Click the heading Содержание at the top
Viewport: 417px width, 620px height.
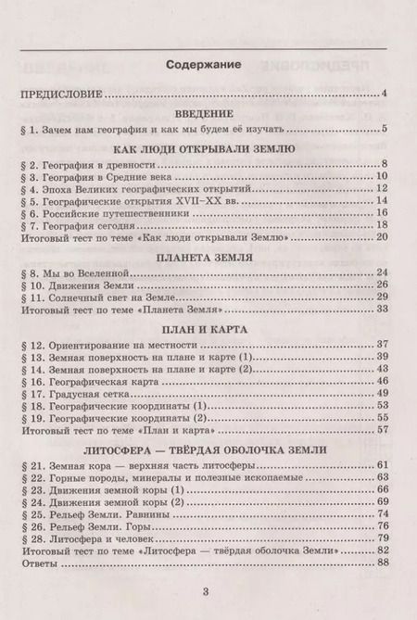click(x=208, y=66)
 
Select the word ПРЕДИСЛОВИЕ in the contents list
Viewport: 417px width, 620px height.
click(x=61, y=94)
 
